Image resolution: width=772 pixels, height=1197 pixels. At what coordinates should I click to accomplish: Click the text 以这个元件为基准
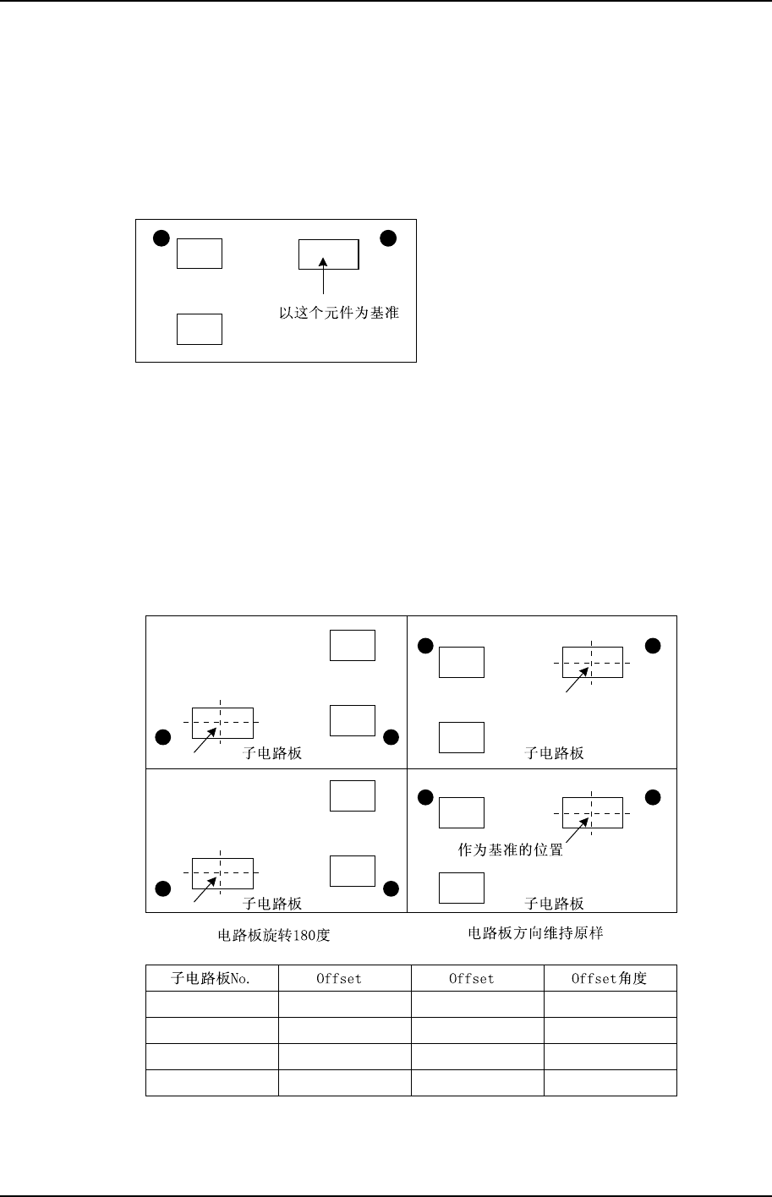tap(339, 313)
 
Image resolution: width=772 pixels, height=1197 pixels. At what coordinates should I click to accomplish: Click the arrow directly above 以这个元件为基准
tap(323, 279)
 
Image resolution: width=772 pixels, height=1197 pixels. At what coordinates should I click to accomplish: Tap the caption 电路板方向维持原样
tap(535, 934)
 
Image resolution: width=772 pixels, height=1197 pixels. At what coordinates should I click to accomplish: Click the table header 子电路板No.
tap(212, 979)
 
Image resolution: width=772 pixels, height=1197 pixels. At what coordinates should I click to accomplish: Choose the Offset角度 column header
tap(610, 979)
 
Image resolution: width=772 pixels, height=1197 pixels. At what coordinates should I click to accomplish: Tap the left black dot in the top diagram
tap(161, 238)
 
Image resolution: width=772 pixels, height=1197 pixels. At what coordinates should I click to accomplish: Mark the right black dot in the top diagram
tap(387, 238)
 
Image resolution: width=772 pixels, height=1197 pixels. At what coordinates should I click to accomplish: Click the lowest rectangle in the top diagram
tap(200, 329)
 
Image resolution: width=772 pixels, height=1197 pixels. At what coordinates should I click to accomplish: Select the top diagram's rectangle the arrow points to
tap(329, 254)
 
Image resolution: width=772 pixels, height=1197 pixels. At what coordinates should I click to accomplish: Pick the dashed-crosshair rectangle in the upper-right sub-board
tap(593, 663)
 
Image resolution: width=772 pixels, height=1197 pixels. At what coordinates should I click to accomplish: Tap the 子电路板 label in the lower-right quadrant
tap(555, 904)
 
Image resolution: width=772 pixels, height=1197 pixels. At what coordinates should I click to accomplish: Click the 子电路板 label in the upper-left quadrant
tap(272, 753)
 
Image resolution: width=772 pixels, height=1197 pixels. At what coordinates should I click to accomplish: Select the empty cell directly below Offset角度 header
tap(610, 1004)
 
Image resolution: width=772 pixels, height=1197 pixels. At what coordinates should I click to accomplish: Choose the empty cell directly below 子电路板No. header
tap(212, 1004)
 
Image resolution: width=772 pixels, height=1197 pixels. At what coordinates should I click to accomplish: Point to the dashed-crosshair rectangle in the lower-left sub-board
tap(222, 872)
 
